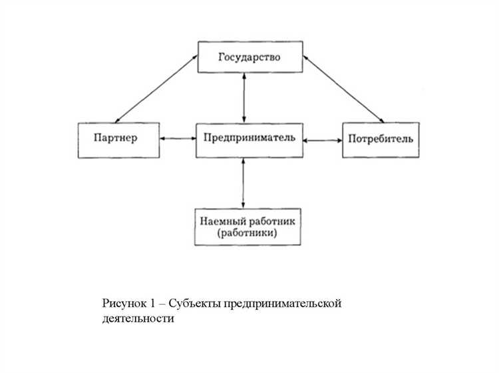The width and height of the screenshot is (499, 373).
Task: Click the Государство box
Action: coord(249,57)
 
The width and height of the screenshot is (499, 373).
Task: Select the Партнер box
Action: coord(118,140)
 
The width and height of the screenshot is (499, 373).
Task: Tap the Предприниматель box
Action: coord(249,140)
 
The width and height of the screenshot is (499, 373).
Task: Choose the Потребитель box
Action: coord(381,140)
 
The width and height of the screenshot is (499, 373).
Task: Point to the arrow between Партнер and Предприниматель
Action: coord(178,139)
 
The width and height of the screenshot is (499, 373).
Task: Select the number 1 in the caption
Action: coord(152,304)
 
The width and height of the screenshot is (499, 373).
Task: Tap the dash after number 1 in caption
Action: coord(162,304)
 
